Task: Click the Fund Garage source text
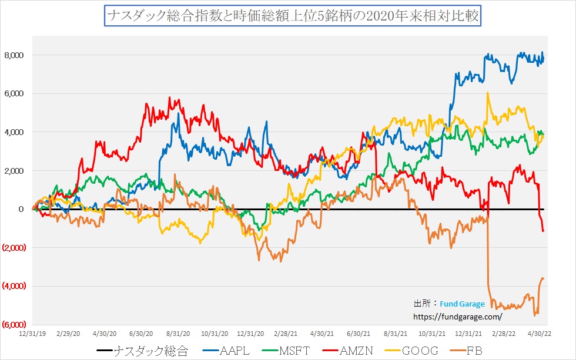pyautogui.click(x=462, y=304)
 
